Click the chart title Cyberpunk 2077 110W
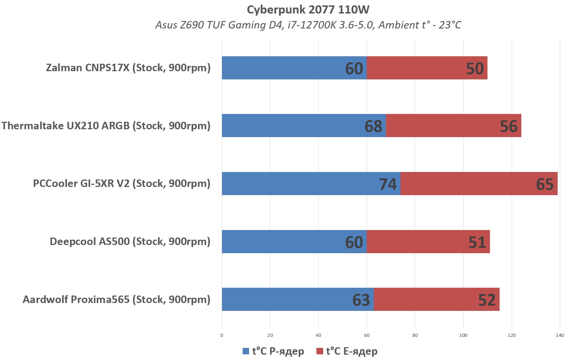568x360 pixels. (x=308, y=10)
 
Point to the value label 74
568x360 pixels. (x=388, y=184)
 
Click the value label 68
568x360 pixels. (x=373, y=126)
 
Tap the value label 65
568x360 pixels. (x=544, y=184)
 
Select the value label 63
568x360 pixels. (x=361, y=300)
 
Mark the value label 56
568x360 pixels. (x=508, y=126)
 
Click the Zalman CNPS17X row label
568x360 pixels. (x=128, y=68)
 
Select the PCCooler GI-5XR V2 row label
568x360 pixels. (x=122, y=183)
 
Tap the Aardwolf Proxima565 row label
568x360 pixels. (x=117, y=299)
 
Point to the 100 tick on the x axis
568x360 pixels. (x=463, y=335)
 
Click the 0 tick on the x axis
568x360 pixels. (x=222, y=335)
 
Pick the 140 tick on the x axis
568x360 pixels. (x=560, y=335)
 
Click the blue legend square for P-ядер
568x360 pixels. (x=246, y=351)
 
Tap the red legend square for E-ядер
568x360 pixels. (x=320, y=351)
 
